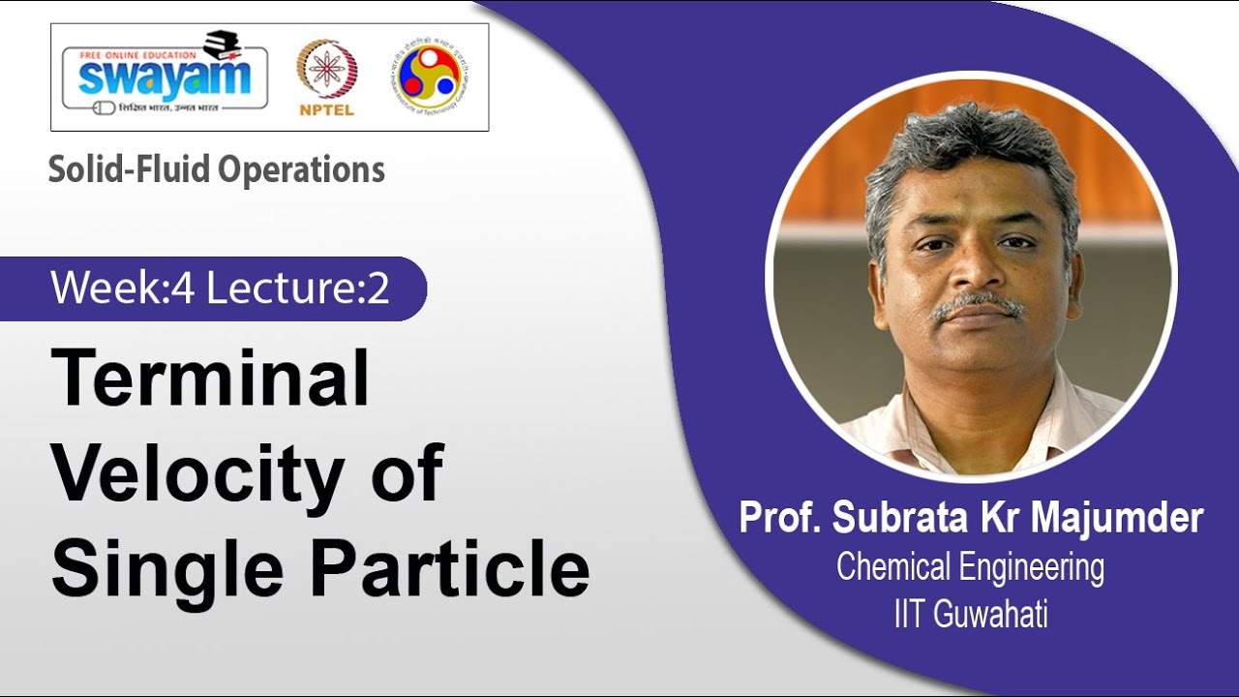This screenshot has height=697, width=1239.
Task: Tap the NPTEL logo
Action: click(x=326, y=77)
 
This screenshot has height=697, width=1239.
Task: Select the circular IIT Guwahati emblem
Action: click(x=430, y=76)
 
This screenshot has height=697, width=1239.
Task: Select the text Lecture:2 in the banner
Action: click(x=297, y=288)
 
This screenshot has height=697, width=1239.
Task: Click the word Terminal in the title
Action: click(x=210, y=379)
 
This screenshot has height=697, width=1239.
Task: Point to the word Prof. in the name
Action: click(x=780, y=518)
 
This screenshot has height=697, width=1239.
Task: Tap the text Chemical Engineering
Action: click(x=970, y=567)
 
